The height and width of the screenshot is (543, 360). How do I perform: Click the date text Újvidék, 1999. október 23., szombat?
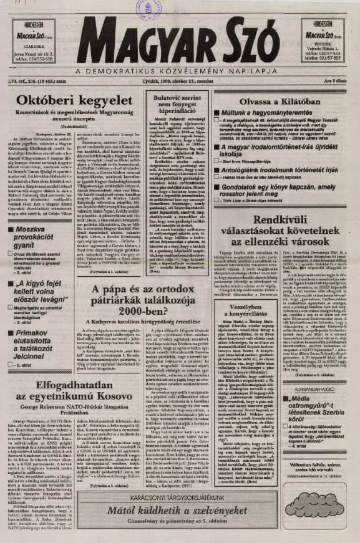[188, 81]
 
